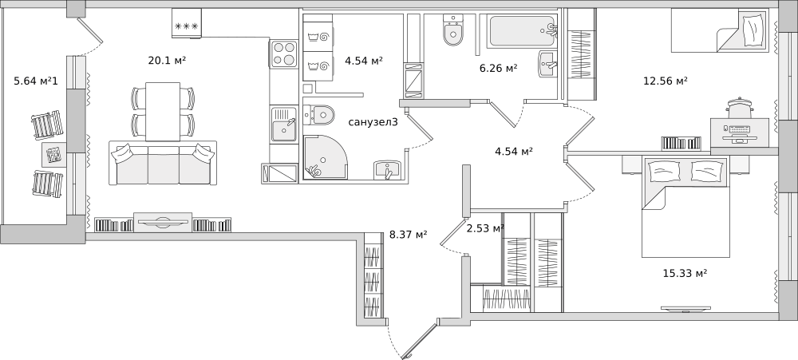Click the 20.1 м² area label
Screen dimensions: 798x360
click(167, 61)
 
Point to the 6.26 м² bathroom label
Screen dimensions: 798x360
click(498, 68)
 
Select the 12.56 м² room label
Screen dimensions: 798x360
click(666, 81)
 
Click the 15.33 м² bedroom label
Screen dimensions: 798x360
click(685, 274)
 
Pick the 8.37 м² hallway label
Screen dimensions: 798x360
click(408, 234)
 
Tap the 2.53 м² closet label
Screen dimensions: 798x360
click(485, 228)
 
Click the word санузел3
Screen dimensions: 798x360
click(373, 122)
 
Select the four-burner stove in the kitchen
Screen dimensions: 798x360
click(284, 53)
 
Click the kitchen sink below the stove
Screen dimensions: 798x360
click(284, 124)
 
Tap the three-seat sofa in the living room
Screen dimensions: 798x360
click(163, 163)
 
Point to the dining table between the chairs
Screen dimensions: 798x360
click(163, 112)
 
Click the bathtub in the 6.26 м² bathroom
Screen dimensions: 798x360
click(522, 32)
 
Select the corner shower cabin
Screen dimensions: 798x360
click(326, 156)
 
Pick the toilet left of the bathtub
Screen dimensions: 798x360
click(453, 30)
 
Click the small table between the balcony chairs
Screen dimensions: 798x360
click(53, 153)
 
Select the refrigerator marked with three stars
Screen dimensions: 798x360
click(186, 23)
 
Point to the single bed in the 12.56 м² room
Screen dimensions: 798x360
click(720, 30)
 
